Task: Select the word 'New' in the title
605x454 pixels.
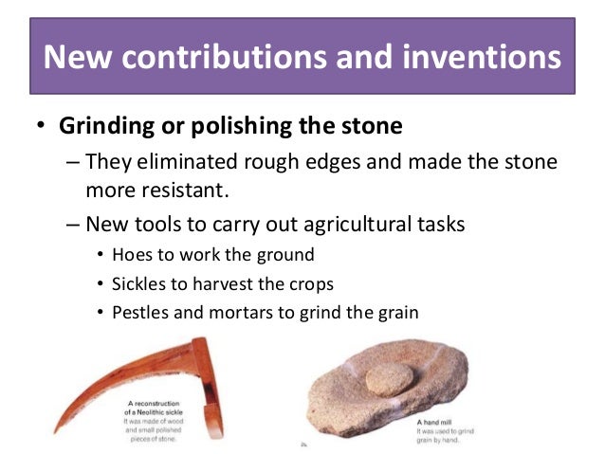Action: [x=80, y=59]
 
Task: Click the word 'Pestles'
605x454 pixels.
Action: [x=140, y=312]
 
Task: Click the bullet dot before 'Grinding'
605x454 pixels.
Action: [x=40, y=126]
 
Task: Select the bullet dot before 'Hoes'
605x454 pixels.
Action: [x=101, y=256]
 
